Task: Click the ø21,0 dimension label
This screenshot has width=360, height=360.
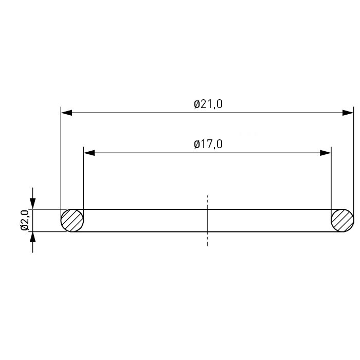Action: pyautogui.click(x=208, y=104)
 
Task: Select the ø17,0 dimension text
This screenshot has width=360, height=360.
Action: pyautogui.click(x=208, y=144)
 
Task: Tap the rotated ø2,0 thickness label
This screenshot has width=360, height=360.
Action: pyautogui.click(x=25, y=220)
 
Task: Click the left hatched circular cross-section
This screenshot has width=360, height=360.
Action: pyautogui.click(x=72, y=221)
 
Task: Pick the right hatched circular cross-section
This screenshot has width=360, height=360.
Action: pyautogui.click(x=343, y=221)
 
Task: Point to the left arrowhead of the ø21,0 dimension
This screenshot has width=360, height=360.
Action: pyautogui.click(x=66, y=113)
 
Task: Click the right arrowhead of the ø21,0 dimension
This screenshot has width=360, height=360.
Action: pyautogui.click(x=348, y=113)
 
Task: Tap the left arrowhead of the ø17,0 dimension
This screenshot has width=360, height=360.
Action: pyautogui.click(x=89, y=153)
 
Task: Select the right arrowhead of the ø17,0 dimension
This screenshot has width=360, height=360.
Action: pyautogui.click(x=326, y=153)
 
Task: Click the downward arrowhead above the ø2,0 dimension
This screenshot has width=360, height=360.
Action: pyautogui.click(x=32, y=204)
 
